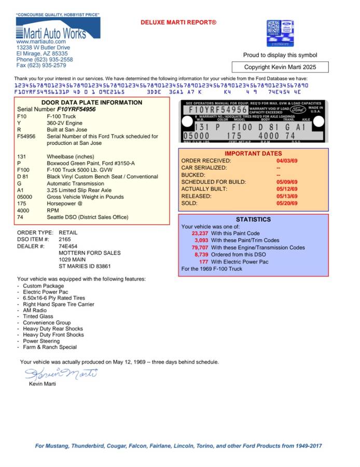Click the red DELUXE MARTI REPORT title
[178, 22]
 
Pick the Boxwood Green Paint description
[90, 163]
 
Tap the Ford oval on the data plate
[297, 111]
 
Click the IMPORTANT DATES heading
[253, 154]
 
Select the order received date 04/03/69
[287, 161]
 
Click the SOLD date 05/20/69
[287, 203]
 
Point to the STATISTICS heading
[253, 219]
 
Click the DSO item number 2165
[65, 239]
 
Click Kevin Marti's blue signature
[61, 373]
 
